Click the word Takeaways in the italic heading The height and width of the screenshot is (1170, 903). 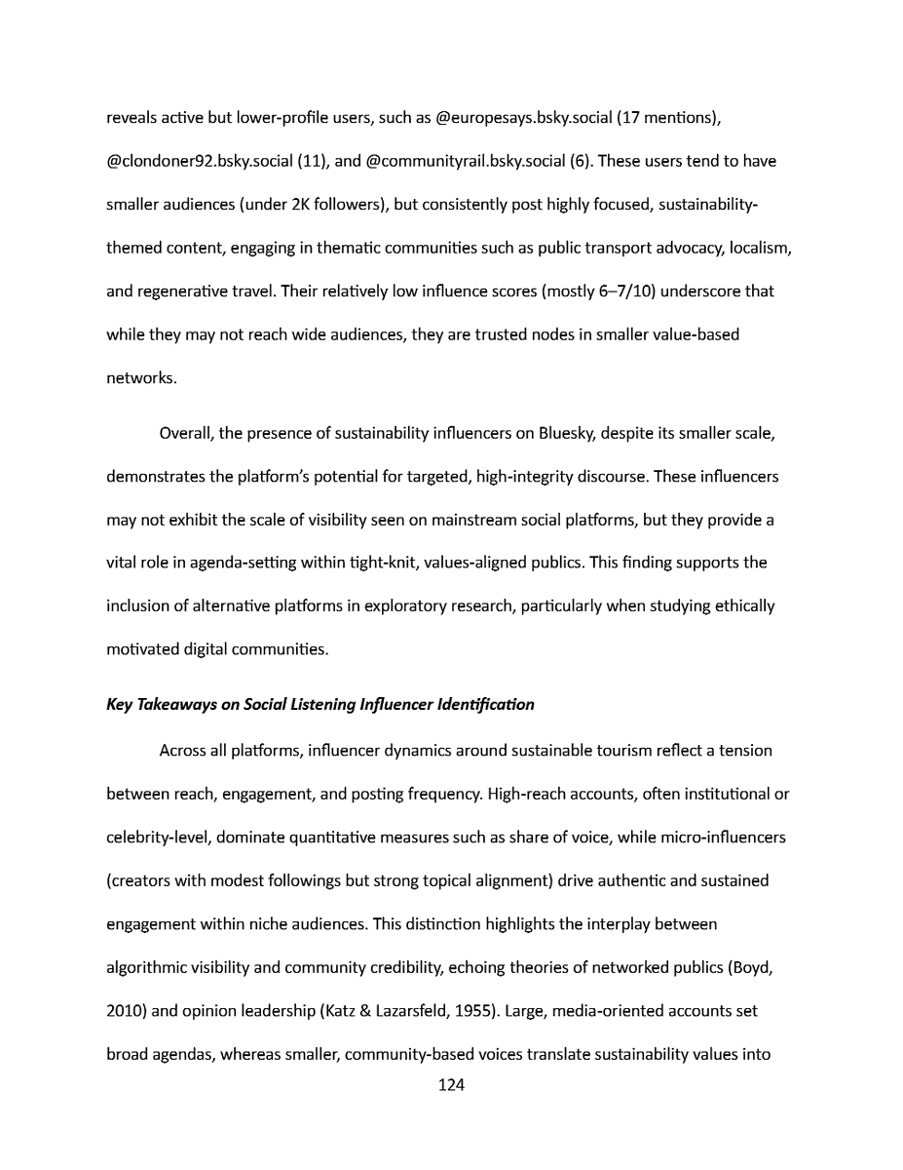[x=178, y=704]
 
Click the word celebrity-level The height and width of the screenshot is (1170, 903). [x=159, y=838]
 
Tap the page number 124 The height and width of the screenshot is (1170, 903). [x=451, y=1085]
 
